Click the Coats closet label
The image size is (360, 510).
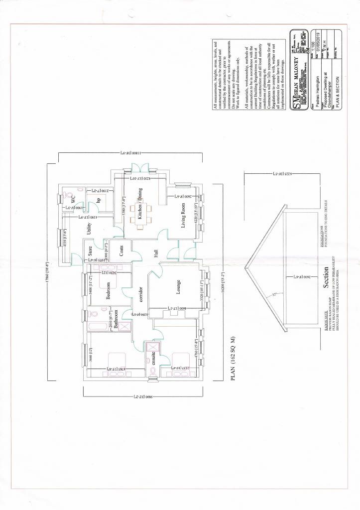tap(121, 251)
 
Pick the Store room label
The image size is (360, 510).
tap(90, 251)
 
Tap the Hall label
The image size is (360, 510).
tap(156, 253)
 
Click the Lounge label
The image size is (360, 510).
tap(177, 287)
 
